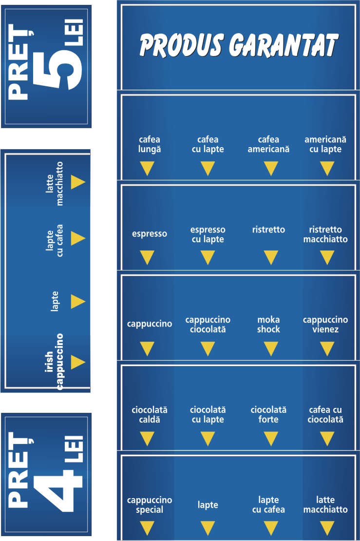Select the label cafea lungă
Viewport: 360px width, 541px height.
pyautogui.click(x=149, y=145)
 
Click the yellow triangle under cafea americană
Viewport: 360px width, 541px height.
pyautogui.click(x=270, y=169)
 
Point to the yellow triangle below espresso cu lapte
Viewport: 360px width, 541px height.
pyautogui.click(x=208, y=257)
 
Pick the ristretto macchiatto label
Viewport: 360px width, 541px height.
pyautogui.click(x=325, y=234)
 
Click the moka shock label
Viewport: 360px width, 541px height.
pyautogui.click(x=269, y=325)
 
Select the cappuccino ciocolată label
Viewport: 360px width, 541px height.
pyautogui.click(x=208, y=325)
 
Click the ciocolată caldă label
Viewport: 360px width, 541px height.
pyautogui.click(x=146, y=415)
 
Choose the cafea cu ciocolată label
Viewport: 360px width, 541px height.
pyautogui.click(x=326, y=415)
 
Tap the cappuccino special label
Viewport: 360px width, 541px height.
pyautogui.click(x=150, y=505)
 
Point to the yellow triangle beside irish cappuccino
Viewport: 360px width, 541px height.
pyautogui.click(x=77, y=362)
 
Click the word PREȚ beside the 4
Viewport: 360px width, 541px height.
pyautogui.click(x=19, y=472)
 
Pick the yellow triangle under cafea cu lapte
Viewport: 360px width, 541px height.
pyautogui.click(x=208, y=169)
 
